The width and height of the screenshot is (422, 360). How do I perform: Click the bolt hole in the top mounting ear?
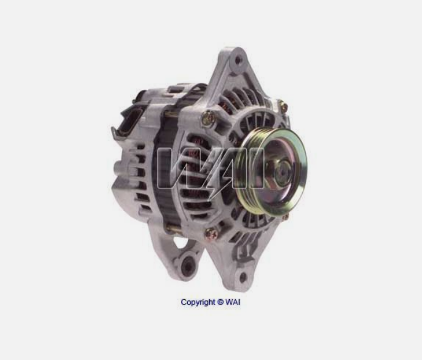click(238, 60)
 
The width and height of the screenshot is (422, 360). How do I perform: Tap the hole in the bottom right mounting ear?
click(243, 276)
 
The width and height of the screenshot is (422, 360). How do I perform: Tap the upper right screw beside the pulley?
click(283, 106)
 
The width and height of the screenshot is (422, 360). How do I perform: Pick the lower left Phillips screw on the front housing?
click(210, 234)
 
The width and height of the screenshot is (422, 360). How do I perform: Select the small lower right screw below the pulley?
click(285, 216)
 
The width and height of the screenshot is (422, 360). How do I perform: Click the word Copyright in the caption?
click(198, 302)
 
